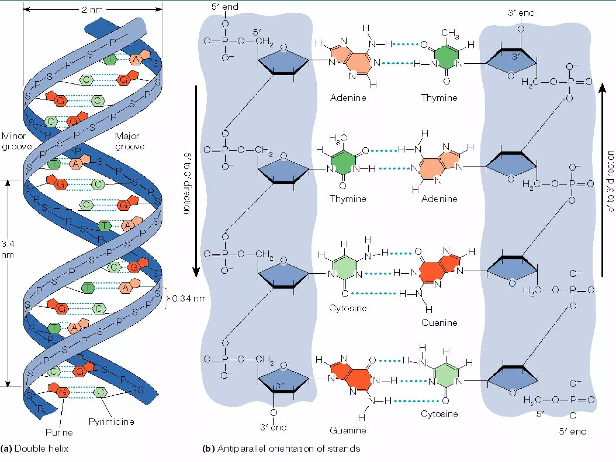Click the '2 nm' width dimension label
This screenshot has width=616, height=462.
(92, 10)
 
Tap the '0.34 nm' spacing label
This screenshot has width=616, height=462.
(189, 299)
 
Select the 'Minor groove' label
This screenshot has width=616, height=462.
(16, 141)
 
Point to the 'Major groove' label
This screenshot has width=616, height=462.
(130, 141)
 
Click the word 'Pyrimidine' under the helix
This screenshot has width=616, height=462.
(111, 422)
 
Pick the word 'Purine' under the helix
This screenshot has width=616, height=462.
(59, 433)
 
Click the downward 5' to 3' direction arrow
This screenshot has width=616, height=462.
(196, 180)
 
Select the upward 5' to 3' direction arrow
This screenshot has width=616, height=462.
(602, 180)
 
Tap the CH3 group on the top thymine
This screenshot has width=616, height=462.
(450, 33)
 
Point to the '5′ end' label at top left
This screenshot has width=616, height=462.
(225, 7)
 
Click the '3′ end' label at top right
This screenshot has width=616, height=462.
(521, 13)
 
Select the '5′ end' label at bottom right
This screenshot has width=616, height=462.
(573, 432)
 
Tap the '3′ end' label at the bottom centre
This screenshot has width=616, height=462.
(273, 427)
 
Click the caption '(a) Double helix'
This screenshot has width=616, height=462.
(35, 448)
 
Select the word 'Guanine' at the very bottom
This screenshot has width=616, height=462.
(348, 430)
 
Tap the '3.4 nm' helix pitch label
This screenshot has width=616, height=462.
(8, 249)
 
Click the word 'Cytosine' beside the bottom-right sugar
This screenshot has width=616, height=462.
(439, 414)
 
